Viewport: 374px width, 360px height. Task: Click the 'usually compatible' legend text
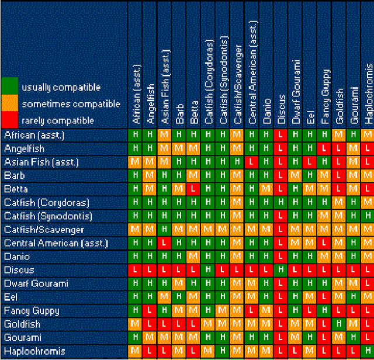point(61,88)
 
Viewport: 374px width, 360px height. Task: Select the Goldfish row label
point(22,324)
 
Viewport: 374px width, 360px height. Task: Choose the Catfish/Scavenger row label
point(44,230)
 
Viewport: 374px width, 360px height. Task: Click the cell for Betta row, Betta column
point(194,189)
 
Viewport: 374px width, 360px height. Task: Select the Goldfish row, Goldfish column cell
point(340,324)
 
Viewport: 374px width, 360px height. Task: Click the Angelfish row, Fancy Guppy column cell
point(325,148)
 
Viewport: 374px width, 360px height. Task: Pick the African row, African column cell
point(136,135)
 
